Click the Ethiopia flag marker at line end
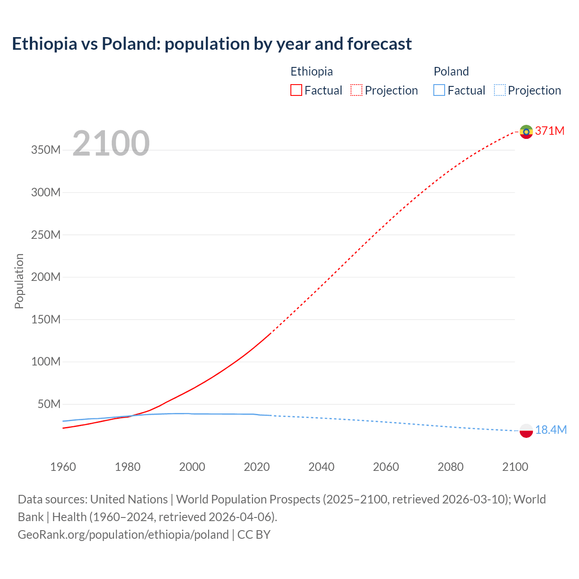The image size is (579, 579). (x=526, y=132)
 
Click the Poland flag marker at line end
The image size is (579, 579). (x=526, y=431)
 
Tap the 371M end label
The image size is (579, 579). (x=550, y=131)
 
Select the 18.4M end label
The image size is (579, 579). (x=551, y=430)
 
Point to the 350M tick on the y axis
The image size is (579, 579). (x=46, y=150)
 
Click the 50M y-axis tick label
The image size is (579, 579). (x=48, y=404)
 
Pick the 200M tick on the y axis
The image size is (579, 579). (x=46, y=277)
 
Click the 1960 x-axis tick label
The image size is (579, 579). (x=63, y=467)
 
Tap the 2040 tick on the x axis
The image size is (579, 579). (x=321, y=467)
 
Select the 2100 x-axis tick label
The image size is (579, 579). (x=515, y=467)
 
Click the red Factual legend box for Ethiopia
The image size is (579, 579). (x=296, y=90)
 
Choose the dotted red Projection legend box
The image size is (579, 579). (x=356, y=90)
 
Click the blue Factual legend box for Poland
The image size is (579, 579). (x=439, y=90)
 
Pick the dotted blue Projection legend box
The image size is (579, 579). (x=500, y=90)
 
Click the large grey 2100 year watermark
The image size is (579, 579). (x=111, y=143)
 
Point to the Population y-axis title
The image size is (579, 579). (x=19, y=281)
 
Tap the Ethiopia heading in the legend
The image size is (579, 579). (x=311, y=71)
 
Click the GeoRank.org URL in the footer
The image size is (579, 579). (x=123, y=535)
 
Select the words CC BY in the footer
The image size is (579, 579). (x=254, y=535)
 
